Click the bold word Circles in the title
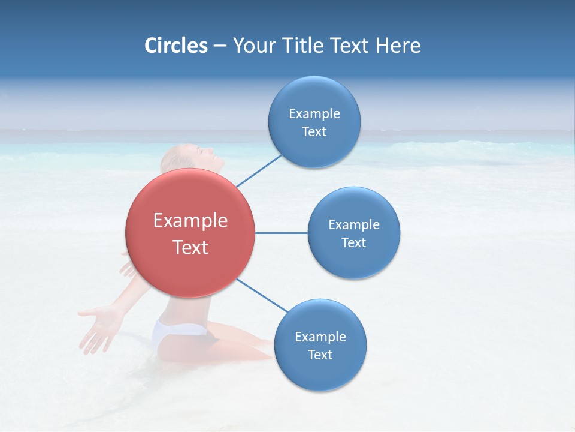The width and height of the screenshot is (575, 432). click(175, 46)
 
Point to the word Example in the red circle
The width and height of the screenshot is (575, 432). click(190, 221)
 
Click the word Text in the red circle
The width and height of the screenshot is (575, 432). click(190, 247)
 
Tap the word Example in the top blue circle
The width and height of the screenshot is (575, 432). click(314, 113)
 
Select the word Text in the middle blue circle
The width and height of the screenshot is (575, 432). click(353, 242)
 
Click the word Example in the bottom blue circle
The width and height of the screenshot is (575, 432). click(320, 337)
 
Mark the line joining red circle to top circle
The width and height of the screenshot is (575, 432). click(259, 170)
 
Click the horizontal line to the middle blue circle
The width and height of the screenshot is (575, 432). click(281, 233)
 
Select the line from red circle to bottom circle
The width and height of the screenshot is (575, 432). click(262, 295)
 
